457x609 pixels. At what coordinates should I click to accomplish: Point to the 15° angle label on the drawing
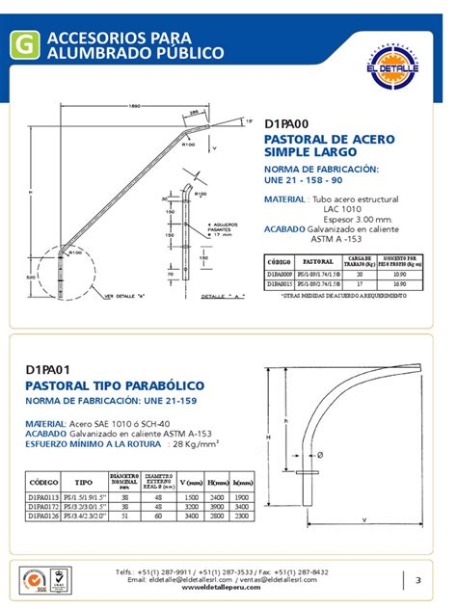248,122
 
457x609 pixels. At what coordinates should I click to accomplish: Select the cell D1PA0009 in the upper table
280,274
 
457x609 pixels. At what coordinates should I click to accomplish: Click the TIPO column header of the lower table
84,481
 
